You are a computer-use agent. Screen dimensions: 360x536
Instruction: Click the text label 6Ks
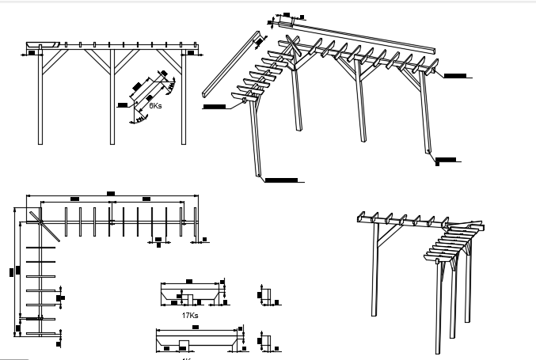coord(156,104)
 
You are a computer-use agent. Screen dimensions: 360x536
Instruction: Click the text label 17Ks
coord(189,315)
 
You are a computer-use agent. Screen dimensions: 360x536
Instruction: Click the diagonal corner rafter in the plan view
coord(46,224)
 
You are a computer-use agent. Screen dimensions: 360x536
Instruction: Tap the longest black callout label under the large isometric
coord(281,180)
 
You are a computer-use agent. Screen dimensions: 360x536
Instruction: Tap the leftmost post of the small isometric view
coord(374,269)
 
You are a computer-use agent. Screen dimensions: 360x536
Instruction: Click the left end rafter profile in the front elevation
coord(44,44)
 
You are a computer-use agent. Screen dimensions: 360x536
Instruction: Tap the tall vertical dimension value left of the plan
coord(13,271)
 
